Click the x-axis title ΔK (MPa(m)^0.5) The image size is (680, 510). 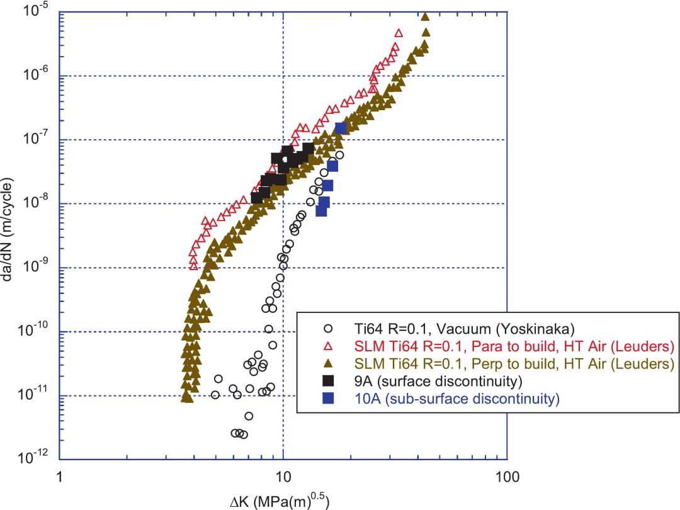[x=283, y=501]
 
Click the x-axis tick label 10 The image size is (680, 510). [x=283, y=478]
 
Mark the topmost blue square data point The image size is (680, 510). [x=341, y=128]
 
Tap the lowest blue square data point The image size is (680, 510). [x=321, y=211]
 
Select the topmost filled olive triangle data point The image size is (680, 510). [x=425, y=18]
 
